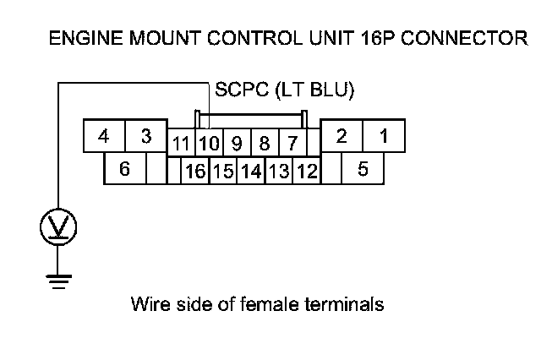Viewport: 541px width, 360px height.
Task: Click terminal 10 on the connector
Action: [x=208, y=143]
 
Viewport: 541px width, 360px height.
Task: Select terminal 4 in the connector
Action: [x=103, y=136]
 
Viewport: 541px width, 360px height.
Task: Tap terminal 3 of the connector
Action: [x=145, y=136]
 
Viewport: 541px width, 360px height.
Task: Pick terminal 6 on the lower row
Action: [x=124, y=169]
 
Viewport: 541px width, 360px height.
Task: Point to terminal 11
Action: [x=181, y=143]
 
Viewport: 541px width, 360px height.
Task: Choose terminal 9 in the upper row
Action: [x=237, y=143]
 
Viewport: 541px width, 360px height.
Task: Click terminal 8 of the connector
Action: [x=265, y=143]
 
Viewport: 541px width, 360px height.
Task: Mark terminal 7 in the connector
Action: [x=292, y=143]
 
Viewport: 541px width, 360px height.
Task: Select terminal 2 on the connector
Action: [x=342, y=136]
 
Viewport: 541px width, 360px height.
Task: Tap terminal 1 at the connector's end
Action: [x=383, y=136]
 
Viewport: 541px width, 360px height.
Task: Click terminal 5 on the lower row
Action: [x=363, y=169]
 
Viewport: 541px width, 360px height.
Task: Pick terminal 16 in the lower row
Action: [x=195, y=172]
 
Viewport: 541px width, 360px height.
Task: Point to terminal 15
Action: [x=223, y=172]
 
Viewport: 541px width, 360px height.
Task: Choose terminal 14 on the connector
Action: [x=251, y=172]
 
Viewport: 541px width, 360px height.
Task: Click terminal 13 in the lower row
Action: [x=279, y=172]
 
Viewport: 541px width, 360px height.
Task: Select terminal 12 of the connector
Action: [x=307, y=172]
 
